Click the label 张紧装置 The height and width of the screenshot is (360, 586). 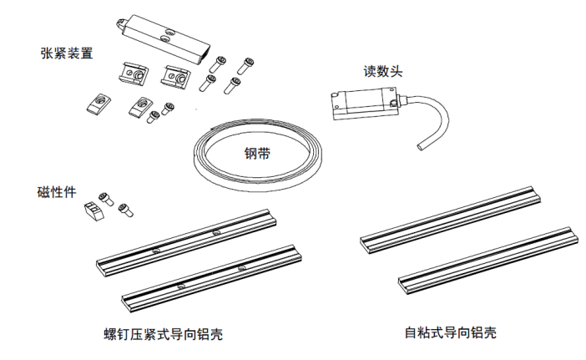[68, 53]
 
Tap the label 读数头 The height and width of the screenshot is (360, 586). [385, 72]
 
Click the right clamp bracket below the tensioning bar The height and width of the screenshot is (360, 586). [178, 77]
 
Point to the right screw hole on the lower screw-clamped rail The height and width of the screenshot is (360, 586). [241, 267]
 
